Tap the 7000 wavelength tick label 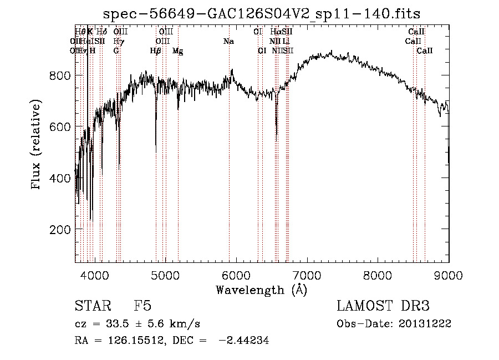pos(307,275)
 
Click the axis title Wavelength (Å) pos(261,290)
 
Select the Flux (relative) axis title pos(37,145)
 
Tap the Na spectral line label pos(228,41)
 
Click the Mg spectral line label pos(178,50)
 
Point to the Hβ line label pos(156,50)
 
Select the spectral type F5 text pos(142,306)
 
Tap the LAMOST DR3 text pos(383,306)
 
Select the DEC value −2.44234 pos(244,341)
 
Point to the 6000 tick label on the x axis pos(236,275)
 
